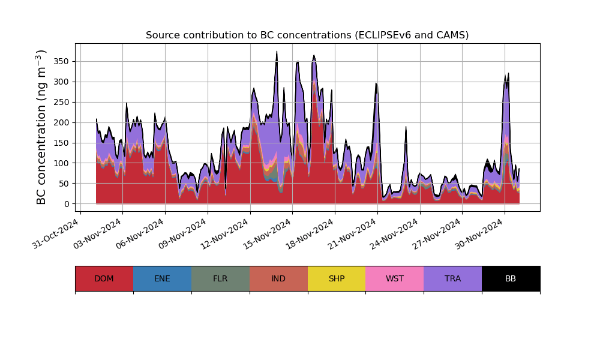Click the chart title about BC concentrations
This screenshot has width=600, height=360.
pyautogui.click(x=307, y=35)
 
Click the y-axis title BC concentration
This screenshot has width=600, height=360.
pyautogui.click(x=41, y=127)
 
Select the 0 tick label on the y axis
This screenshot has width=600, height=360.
pyautogui.click(x=67, y=204)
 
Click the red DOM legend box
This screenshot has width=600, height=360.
pyautogui.click(x=104, y=278)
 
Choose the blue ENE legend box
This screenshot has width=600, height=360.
pyautogui.click(x=162, y=278)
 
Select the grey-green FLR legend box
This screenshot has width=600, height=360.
pyautogui.click(x=220, y=278)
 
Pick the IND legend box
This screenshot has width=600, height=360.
pyautogui.click(x=278, y=278)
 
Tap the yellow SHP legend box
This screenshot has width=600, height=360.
pyautogui.click(x=337, y=278)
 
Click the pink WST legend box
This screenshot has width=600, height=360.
pyautogui.click(x=395, y=278)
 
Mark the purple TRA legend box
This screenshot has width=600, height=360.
pyautogui.click(x=453, y=278)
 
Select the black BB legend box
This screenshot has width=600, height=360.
pyautogui.click(x=511, y=278)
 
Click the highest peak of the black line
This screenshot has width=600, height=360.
pyautogui.click(x=277, y=52)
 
